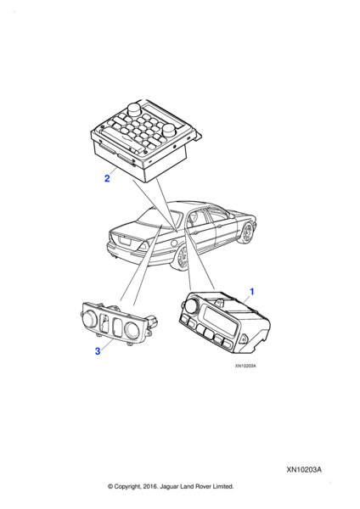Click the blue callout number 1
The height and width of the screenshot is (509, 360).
pos(252,292)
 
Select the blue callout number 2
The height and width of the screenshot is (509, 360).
pos(107,178)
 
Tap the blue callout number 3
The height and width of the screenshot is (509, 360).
pos(98,351)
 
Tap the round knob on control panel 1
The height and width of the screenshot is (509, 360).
pos(189,305)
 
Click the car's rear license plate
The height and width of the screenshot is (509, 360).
pos(125,241)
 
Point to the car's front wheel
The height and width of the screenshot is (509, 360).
pos(248,232)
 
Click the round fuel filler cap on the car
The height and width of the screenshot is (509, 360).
pos(174,242)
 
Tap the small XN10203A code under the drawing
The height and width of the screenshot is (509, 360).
pos(245,366)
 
